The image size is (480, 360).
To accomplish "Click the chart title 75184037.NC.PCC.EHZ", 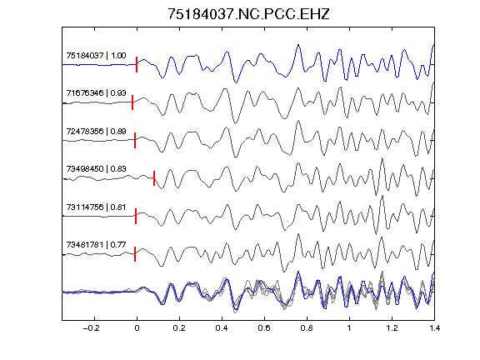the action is click(x=248, y=14).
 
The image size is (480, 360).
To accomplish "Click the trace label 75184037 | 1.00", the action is click(x=96, y=55).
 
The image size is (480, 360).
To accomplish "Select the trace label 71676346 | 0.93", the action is click(x=96, y=92).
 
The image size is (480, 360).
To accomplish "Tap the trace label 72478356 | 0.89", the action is click(x=96, y=131).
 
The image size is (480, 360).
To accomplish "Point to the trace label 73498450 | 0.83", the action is click(x=96, y=168).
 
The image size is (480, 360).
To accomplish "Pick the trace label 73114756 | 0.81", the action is click(x=96, y=207).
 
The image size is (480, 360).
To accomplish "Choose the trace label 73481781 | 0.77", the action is click(x=96, y=245).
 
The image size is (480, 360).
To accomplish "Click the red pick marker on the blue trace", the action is click(x=137, y=65).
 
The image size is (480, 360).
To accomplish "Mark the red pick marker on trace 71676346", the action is click(x=132, y=102).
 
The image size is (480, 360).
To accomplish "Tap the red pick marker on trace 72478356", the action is click(x=135, y=141).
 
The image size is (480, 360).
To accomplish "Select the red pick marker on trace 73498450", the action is click(x=154, y=178).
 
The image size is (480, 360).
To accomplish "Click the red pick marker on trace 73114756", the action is click(x=136, y=216).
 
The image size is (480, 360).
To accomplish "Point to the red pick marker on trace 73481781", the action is click(x=135, y=254).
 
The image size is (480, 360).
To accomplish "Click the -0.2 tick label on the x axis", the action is click(x=92, y=328).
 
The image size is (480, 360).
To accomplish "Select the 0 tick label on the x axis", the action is click(x=137, y=328).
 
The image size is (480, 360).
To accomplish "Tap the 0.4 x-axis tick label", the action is click(x=222, y=328).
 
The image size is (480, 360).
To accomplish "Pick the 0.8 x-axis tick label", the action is click(x=307, y=328).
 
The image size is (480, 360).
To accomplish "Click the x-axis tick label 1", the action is click(x=349, y=328).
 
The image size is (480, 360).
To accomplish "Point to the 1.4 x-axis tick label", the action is click(x=434, y=328).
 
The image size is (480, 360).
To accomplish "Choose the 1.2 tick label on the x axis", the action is click(x=392, y=328).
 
